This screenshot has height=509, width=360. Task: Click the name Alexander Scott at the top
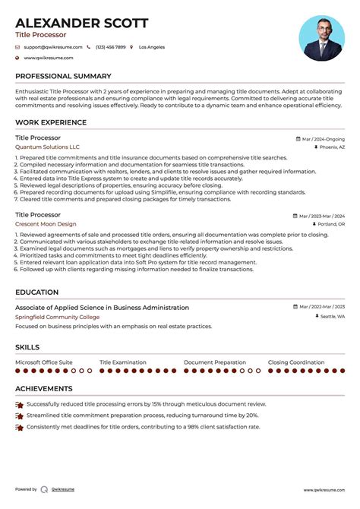[82, 23]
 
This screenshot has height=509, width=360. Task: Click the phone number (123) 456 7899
[111, 47]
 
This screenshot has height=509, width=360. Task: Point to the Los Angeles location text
[152, 47]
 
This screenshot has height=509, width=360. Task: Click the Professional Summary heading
[63, 76]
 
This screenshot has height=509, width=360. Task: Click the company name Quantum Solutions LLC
[47, 147]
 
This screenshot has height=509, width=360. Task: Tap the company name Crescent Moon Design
[46, 224]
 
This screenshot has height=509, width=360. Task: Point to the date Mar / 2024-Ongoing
[323, 139]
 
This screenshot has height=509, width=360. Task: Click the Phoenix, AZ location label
[332, 147]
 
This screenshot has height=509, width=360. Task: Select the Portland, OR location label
[331, 225]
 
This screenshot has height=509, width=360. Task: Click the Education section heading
[36, 292]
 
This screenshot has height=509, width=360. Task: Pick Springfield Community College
[58, 317]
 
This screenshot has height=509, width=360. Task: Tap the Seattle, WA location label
[332, 317]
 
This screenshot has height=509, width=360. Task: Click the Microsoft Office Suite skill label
[44, 362]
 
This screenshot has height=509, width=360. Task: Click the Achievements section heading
[46, 389]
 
